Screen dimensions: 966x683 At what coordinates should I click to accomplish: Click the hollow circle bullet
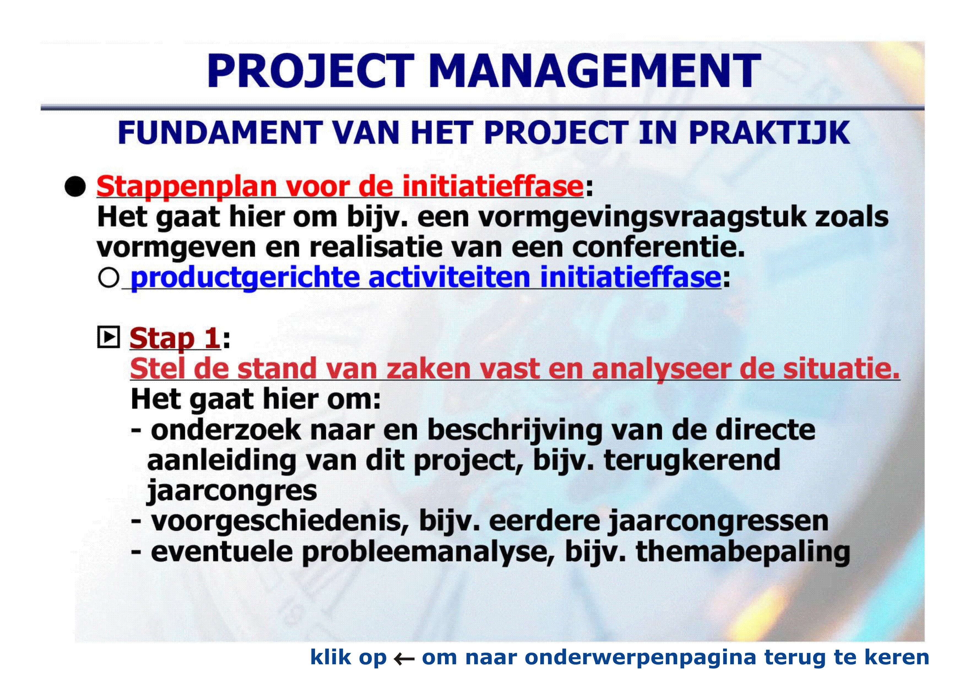108,278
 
